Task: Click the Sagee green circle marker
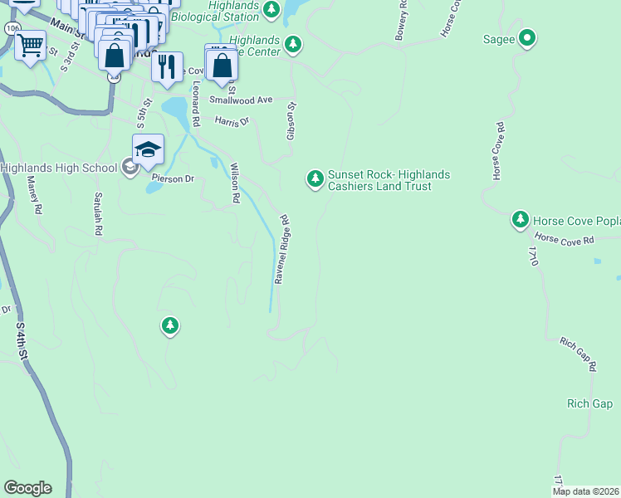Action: [526, 37]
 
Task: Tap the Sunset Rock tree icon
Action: [315, 178]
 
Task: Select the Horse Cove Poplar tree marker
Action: [521, 219]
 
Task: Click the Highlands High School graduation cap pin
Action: [148, 149]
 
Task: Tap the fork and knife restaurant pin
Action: [167, 66]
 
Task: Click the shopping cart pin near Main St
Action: [31, 46]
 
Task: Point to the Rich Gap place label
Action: [589, 404]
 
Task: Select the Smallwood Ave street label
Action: [241, 100]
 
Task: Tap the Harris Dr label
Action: [232, 122]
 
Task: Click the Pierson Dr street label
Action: [172, 178]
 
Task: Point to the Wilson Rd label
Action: [234, 183]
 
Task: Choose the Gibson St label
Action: [291, 120]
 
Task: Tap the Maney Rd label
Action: [34, 195]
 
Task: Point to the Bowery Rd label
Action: [402, 21]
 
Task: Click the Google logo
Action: [27, 488]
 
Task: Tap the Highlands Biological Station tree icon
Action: [271, 9]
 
